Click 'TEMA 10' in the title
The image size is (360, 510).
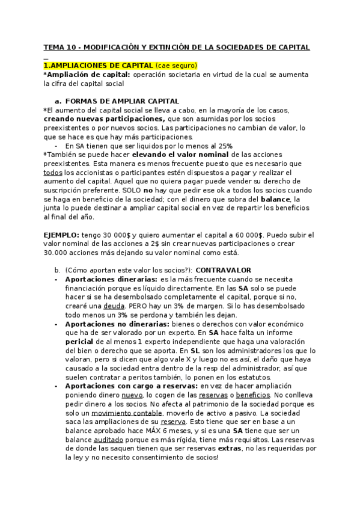pos(58,46)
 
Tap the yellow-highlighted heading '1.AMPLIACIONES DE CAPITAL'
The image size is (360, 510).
pos(98,65)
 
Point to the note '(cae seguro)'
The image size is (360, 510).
pos(176,65)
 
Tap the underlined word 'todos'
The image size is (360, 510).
pos(53,173)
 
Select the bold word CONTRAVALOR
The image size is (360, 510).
pos(224,270)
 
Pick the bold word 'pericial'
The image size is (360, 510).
pos(79,342)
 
